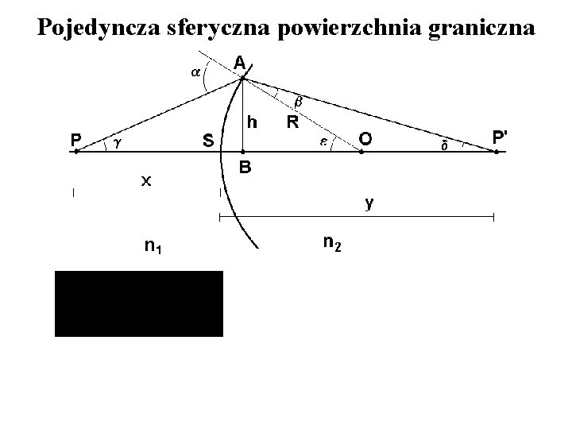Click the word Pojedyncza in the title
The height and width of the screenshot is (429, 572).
tap(99, 28)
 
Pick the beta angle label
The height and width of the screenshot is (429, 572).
tap(300, 102)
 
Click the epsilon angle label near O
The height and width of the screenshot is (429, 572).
tap(324, 141)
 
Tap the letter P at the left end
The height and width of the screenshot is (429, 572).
tap(75, 140)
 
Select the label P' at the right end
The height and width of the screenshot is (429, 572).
tap(500, 137)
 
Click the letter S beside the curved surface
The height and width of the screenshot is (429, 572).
tap(207, 141)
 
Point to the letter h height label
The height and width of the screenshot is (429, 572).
tap(252, 122)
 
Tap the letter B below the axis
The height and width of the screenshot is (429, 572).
tap(246, 168)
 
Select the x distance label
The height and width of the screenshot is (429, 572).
tap(146, 181)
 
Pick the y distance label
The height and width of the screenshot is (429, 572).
tap(369, 203)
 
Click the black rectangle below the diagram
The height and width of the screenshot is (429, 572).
tap(139, 303)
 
